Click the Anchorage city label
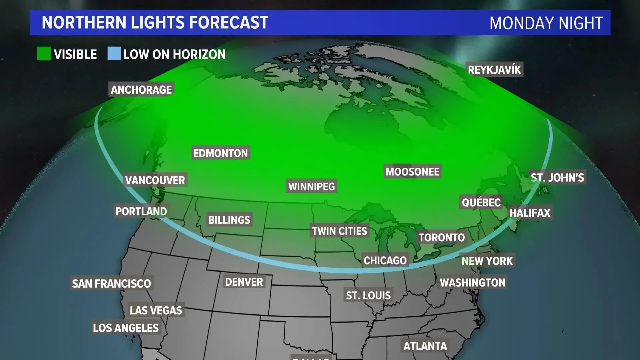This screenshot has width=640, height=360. [x=141, y=90]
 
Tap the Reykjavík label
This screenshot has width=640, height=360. [x=494, y=70]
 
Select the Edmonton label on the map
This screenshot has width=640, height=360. [x=220, y=153]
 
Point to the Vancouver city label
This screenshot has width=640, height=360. [x=155, y=180]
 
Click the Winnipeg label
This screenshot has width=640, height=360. [x=311, y=187]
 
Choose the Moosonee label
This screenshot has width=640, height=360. [x=412, y=172]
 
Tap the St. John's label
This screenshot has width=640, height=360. [x=557, y=178]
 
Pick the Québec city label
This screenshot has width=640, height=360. [x=481, y=202]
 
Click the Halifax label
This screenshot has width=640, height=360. [x=530, y=213]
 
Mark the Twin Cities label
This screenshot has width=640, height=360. [x=339, y=231]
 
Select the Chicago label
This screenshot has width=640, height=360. [x=385, y=260]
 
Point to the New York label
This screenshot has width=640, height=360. [x=487, y=261]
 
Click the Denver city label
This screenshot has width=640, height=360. [x=244, y=282]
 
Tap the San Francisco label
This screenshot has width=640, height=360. [x=111, y=284]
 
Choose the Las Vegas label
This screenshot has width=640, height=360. [x=156, y=311]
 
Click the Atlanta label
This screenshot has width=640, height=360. [x=425, y=346]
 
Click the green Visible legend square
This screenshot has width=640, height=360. [x=44, y=54]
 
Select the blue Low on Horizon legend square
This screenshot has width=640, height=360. [x=114, y=54]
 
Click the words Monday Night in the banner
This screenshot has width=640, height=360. [x=546, y=23]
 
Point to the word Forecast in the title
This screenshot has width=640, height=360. [x=229, y=23]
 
